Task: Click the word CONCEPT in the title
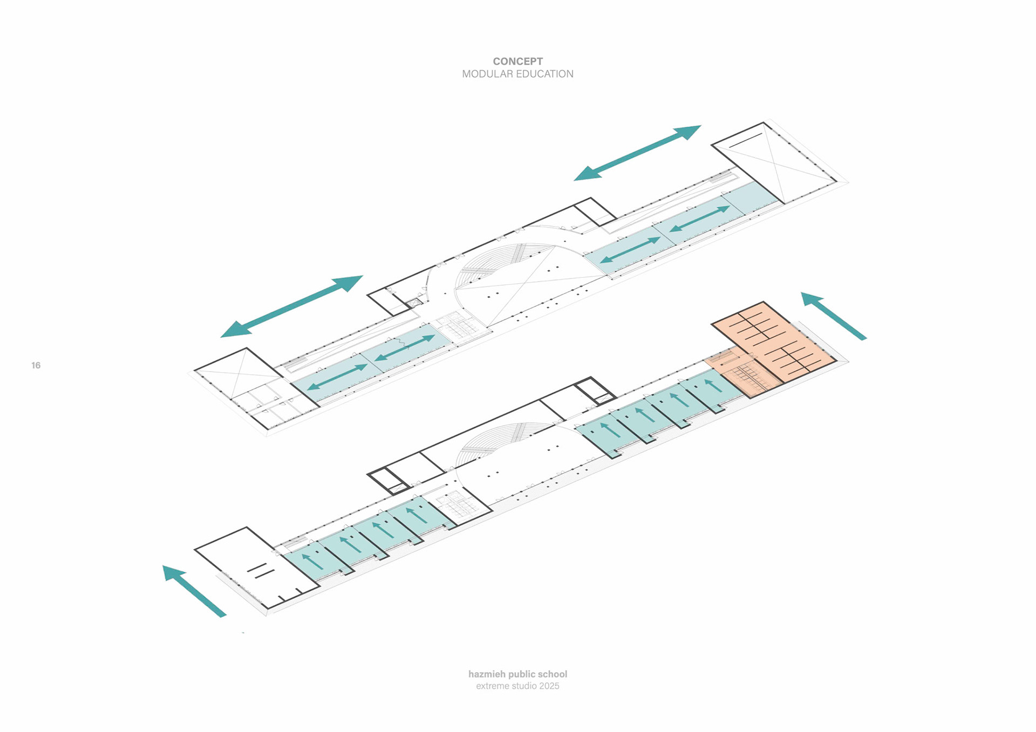point(517,61)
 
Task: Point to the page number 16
point(36,365)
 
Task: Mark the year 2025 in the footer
point(549,686)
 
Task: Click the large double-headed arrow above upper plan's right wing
point(637,153)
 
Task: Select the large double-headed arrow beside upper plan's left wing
point(291,306)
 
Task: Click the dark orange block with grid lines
point(777,337)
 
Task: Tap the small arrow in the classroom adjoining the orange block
point(713,385)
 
